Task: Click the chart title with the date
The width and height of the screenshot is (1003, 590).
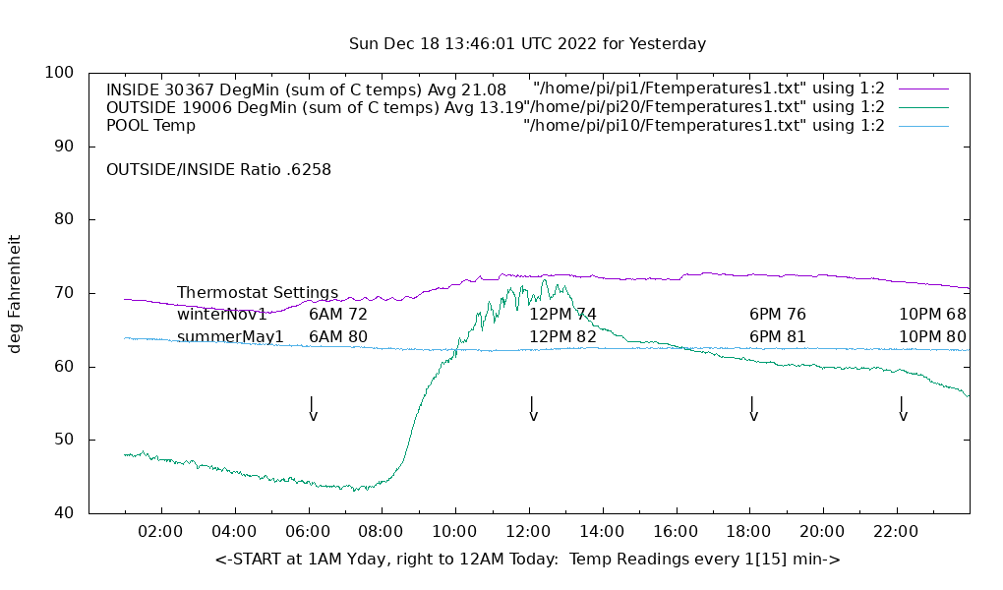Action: coord(527,44)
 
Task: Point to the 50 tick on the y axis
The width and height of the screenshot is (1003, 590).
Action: coord(65,440)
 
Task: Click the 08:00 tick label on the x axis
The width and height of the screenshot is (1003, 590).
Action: coord(382,532)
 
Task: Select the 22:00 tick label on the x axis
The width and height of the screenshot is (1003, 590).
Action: coord(896,532)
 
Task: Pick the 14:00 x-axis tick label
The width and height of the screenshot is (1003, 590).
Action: coord(602,532)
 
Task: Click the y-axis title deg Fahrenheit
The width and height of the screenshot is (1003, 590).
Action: coord(16,293)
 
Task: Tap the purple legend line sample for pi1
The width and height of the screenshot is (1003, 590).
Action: coord(923,88)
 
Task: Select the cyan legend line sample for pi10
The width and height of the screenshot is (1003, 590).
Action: coord(923,126)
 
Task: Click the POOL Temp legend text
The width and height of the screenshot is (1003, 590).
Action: coord(150,126)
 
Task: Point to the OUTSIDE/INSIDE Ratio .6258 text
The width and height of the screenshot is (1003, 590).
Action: coord(218,169)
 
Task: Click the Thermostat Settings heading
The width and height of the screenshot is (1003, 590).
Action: coord(258,293)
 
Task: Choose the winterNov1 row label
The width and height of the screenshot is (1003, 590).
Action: coord(222,315)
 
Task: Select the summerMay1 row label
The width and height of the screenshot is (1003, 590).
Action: coord(230,337)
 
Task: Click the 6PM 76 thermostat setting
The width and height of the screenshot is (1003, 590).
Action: coord(778,315)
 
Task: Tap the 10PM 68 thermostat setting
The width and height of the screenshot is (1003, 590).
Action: coord(932,315)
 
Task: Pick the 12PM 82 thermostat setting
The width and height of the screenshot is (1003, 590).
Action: coord(563,337)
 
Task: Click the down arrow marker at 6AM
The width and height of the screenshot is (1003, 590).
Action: coord(312,408)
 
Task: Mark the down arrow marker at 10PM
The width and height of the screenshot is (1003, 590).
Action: coord(902,408)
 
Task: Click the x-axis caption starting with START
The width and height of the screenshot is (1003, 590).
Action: coord(527,560)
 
